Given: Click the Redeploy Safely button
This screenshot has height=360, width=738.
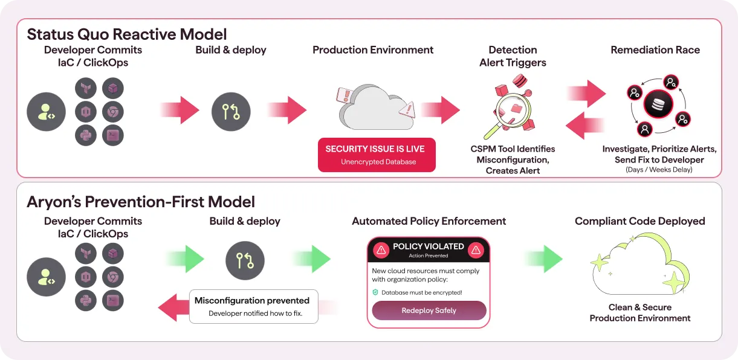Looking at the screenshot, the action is point(429,310).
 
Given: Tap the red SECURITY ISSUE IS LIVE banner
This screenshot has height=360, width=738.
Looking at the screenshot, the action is point(377,155).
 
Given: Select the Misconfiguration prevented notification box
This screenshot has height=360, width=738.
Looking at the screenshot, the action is point(254,306).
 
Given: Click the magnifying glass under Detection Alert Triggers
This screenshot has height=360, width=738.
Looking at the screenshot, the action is point(509,114).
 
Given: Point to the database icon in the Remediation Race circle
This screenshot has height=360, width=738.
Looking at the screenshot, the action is point(658,104).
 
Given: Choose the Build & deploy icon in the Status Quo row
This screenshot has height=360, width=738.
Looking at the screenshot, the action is point(231,112).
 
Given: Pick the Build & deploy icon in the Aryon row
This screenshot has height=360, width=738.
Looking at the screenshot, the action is point(245,260).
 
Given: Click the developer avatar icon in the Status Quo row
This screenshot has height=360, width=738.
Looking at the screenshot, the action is point(46,112).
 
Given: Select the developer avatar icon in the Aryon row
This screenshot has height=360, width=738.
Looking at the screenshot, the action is point(46,277).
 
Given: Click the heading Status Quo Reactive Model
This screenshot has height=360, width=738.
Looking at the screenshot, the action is point(127,34).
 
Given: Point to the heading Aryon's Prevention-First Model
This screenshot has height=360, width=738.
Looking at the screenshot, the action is point(141,202).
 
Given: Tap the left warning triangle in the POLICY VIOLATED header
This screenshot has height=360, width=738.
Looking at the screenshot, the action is point(381,250).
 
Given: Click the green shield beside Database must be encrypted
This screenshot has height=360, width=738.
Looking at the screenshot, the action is point(375,292).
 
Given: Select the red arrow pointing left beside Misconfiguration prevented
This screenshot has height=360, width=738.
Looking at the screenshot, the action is point(173,307).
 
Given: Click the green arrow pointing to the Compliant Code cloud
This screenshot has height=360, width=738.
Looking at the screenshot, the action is point(544,259).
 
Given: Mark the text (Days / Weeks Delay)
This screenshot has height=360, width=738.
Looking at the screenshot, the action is point(659,170).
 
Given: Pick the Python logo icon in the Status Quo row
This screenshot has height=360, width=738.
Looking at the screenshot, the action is point(86,135).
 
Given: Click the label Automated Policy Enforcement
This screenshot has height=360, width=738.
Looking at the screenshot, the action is point(429,221).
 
